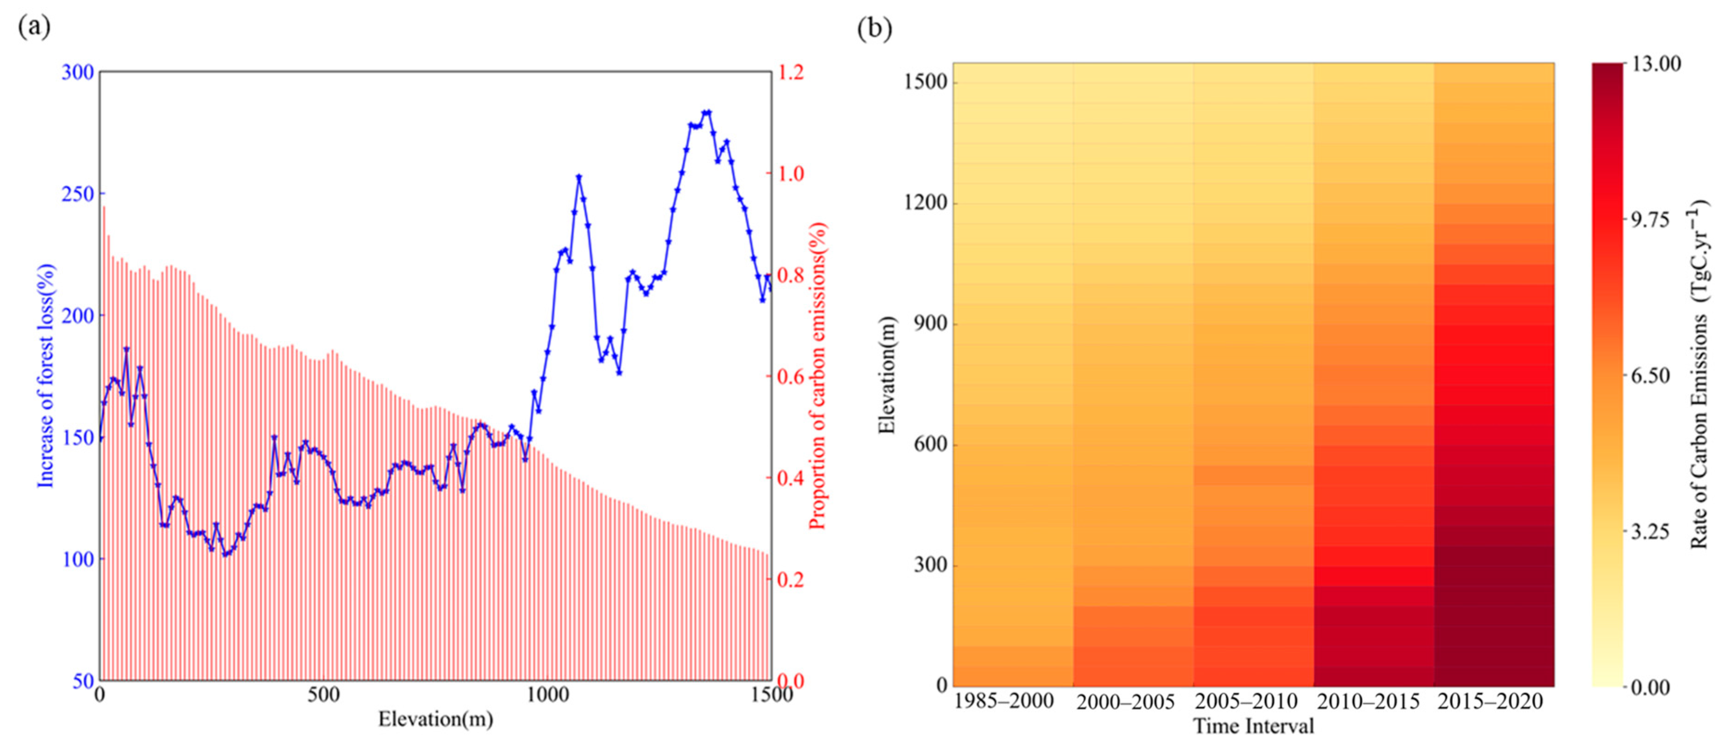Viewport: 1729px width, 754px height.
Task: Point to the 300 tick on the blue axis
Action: [x=77, y=72]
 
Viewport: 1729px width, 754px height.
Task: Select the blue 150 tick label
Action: [x=77, y=438]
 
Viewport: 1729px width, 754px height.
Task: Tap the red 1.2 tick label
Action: [x=790, y=72]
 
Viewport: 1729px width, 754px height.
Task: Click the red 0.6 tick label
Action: [x=790, y=377]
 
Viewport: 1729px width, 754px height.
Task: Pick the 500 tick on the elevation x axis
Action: [x=323, y=695]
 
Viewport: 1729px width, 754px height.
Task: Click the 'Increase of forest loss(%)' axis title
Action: [x=46, y=376]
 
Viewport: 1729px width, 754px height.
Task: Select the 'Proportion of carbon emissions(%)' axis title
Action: [x=817, y=376]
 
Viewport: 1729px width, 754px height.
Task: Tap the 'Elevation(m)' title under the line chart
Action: [x=435, y=720]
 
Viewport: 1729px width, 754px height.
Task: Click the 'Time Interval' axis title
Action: [x=1253, y=727]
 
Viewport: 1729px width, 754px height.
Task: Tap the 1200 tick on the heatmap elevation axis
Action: [x=926, y=203]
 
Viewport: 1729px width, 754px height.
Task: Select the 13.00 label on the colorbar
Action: [x=1656, y=64]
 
